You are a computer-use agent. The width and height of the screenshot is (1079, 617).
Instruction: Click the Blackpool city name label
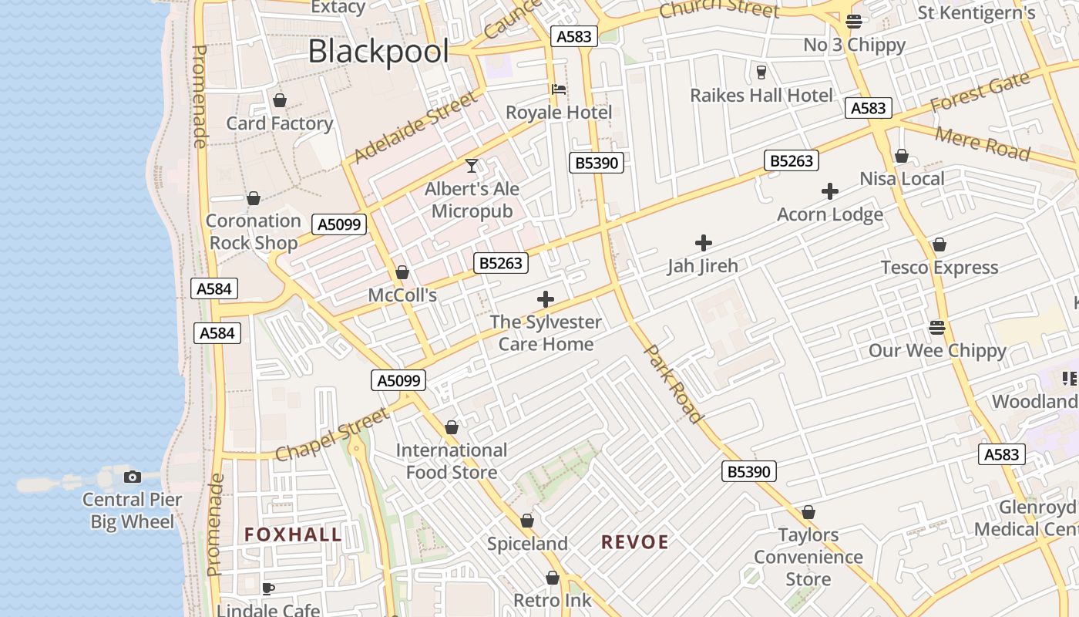(378, 52)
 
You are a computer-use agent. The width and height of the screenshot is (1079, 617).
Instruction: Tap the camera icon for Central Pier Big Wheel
(133, 477)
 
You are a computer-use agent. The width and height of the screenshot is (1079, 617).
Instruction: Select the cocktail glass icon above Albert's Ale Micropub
(472, 166)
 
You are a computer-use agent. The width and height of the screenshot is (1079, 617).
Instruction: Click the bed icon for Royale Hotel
(559, 89)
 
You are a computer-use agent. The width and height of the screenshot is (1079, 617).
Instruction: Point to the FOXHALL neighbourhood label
(293, 534)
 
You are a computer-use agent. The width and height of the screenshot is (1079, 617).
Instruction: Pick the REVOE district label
(635, 542)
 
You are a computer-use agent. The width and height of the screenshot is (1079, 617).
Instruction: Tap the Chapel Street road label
(332, 436)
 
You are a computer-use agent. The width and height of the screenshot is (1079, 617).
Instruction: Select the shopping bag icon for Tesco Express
(939, 245)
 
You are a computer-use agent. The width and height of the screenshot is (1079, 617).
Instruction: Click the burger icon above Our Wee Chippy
(937, 328)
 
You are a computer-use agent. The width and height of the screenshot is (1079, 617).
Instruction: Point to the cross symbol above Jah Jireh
(703, 244)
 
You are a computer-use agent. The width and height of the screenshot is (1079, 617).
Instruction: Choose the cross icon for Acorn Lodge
(829, 191)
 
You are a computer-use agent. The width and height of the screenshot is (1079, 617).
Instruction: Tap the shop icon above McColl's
(402, 273)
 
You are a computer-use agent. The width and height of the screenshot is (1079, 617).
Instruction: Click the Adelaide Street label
(416, 129)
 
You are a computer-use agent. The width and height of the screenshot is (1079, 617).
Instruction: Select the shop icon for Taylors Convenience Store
(808, 512)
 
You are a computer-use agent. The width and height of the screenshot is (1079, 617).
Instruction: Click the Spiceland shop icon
(527, 521)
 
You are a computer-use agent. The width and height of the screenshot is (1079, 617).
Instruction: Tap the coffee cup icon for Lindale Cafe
(267, 588)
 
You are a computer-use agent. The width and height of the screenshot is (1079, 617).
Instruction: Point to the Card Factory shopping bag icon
(279, 101)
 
